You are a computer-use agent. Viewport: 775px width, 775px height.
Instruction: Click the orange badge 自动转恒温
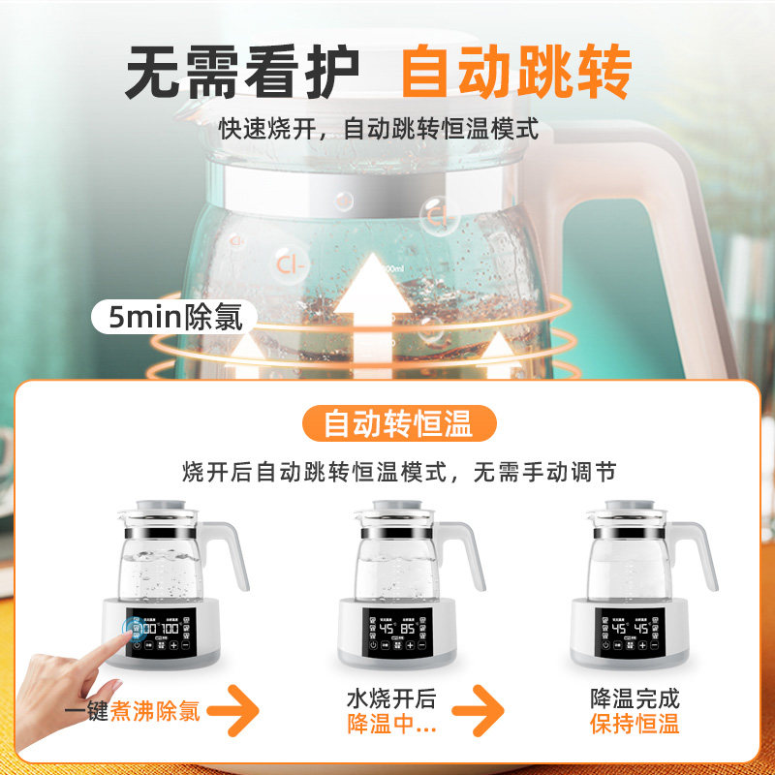coord(397,423)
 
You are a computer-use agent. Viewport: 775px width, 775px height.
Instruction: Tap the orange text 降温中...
coord(391,724)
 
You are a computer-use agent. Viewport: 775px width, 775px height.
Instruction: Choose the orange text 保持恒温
coord(635,724)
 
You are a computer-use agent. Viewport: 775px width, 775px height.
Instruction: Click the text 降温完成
coord(635,698)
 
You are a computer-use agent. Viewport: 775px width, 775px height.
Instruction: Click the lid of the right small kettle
coord(633,511)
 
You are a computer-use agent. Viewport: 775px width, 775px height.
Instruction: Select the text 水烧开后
coord(391,698)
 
